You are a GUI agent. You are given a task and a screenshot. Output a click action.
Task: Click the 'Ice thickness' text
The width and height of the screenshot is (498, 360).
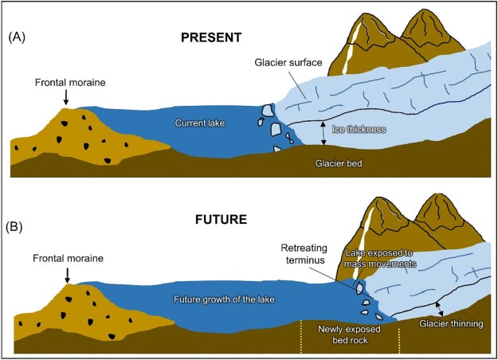359,128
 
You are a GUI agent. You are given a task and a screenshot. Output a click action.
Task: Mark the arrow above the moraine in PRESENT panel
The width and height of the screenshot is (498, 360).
66,97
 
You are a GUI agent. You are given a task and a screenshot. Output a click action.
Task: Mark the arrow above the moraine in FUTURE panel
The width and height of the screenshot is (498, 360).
66,274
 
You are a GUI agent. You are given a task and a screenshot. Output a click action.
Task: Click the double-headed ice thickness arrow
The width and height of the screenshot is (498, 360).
323,133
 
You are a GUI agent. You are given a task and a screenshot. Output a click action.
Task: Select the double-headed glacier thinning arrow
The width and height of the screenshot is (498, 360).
439,307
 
